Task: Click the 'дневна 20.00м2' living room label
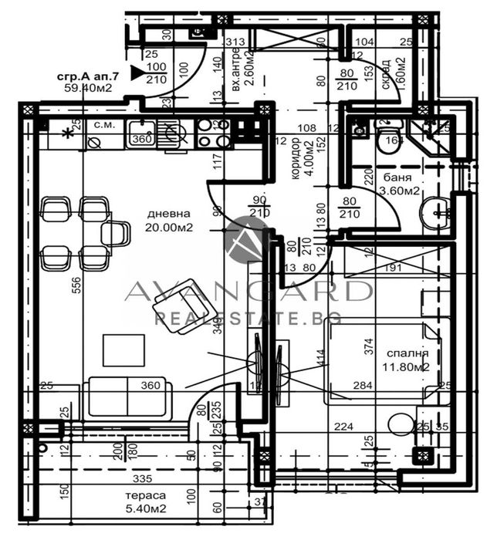168,221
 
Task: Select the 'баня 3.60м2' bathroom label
401,185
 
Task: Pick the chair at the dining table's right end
116,233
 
